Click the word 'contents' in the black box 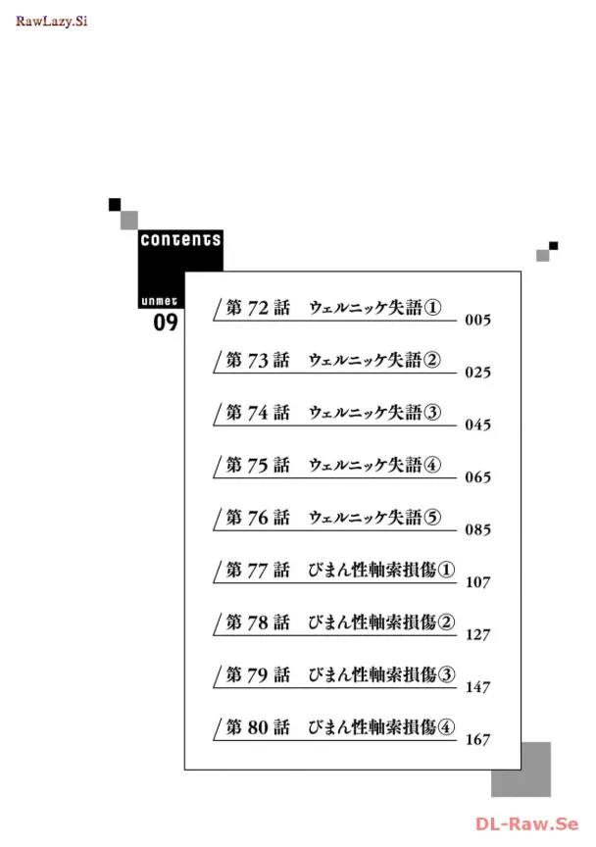pyautogui.click(x=180, y=239)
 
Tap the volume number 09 pyautogui.click(x=165, y=323)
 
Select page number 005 pyautogui.click(x=477, y=321)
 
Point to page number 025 pyautogui.click(x=477, y=374)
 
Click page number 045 pyautogui.click(x=477, y=425)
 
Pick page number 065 pyautogui.click(x=477, y=478)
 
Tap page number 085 pyautogui.click(x=477, y=530)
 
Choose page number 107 pyautogui.click(x=477, y=582)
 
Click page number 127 pyautogui.click(x=477, y=635)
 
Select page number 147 pyautogui.click(x=477, y=687)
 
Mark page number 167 pyautogui.click(x=477, y=740)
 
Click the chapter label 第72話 pyautogui.click(x=258, y=308)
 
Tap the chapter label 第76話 pyautogui.click(x=258, y=518)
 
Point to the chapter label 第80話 pyautogui.click(x=258, y=727)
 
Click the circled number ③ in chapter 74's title pyautogui.click(x=432, y=413)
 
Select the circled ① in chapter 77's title pyautogui.click(x=446, y=570)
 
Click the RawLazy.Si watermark pyautogui.click(x=51, y=20)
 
